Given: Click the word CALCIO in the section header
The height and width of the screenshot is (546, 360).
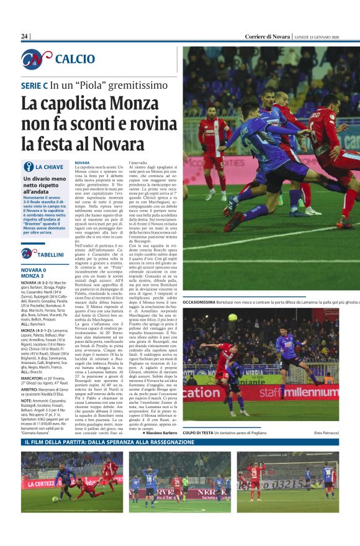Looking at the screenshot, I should pyautogui.click(x=75, y=59).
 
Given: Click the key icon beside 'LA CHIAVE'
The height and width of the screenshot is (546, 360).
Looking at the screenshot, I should pyautogui.click(x=28, y=166).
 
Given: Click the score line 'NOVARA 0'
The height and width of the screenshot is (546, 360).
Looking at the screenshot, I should pyautogui.click(x=34, y=270).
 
